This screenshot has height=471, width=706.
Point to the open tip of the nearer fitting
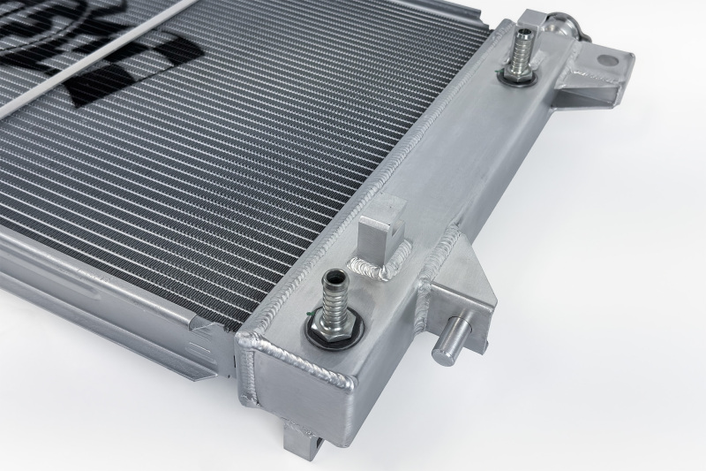coord(334,277)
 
